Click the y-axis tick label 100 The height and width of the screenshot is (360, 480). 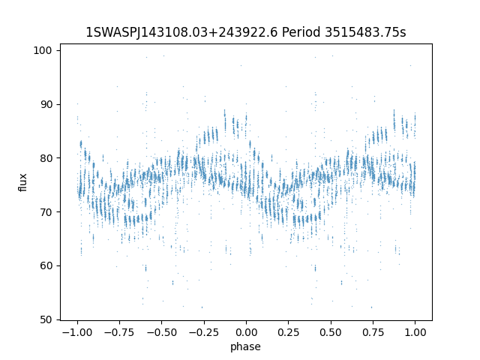pos(43,50)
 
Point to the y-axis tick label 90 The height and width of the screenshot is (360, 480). pos(46,104)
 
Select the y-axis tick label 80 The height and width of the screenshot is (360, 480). pos(46,158)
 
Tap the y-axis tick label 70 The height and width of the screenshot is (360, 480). pos(46,212)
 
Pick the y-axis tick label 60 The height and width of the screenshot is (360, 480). pos(46,265)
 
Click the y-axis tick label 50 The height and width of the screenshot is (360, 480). pos(46,319)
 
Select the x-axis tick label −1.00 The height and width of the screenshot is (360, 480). pos(77,332)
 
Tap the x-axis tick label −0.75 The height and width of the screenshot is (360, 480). pos(119,332)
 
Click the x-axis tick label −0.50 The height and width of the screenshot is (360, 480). pos(162,332)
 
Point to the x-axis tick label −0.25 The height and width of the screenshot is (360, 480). pos(204,332)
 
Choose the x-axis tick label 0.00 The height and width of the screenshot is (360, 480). pos(246,332)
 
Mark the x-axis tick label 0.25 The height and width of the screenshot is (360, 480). pos(288,332)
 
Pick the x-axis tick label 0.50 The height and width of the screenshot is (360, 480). pos(331,332)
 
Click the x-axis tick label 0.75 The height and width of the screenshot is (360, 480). pos(373,332)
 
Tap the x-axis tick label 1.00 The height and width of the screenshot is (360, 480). pos(415,332)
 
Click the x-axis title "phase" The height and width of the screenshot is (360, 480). pos(245,346)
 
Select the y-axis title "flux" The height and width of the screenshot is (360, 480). pos(23,182)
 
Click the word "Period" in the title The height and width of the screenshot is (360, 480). pos(301,32)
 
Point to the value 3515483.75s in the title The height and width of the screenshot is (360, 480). pos(365,32)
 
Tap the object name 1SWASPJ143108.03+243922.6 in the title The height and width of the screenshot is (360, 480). pos(181,32)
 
